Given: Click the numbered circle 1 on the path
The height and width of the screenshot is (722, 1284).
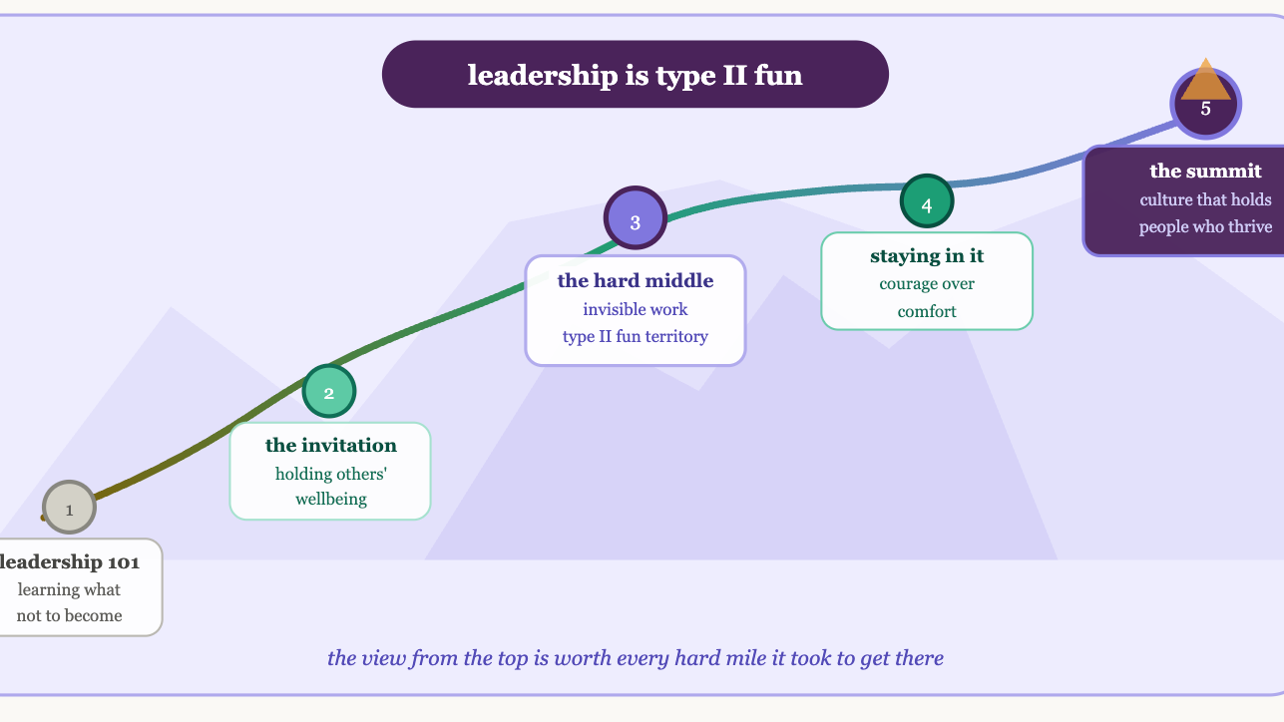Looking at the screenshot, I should (69, 508).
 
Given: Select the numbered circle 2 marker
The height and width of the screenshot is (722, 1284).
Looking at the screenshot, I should (329, 392).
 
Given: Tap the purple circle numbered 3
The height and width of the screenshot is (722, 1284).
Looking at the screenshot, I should (635, 221).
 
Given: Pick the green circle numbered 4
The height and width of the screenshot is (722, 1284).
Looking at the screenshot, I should (927, 204).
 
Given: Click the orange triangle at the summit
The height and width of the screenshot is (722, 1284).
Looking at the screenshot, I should (1206, 80).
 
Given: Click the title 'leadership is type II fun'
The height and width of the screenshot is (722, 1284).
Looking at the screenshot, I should (635, 75).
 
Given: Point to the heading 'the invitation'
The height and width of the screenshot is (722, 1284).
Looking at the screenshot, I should (330, 445).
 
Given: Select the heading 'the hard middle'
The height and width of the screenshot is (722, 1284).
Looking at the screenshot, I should (636, 281).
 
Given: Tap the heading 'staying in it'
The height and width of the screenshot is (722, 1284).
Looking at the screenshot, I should (927, 256).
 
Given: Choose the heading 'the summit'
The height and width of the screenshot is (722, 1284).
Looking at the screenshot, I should (1205, 171).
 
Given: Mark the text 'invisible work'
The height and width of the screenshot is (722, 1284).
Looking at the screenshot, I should (636, 309).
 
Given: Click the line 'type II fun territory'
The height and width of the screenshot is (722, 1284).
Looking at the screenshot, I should (636, 336).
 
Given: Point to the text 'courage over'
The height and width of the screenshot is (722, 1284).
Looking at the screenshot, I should (927, 284).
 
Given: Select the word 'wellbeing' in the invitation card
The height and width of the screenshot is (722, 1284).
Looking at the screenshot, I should (330, 499).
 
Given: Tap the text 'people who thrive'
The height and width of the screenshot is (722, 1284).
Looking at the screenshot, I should (1205, 226).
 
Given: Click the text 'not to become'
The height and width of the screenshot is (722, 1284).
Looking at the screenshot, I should (70, 615).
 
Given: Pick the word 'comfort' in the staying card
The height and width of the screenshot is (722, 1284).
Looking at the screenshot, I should (927, 311).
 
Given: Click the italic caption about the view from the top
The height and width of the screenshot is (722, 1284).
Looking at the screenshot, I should (636, 658).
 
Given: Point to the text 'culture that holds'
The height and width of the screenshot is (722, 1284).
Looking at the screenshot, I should (1205, 199).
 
